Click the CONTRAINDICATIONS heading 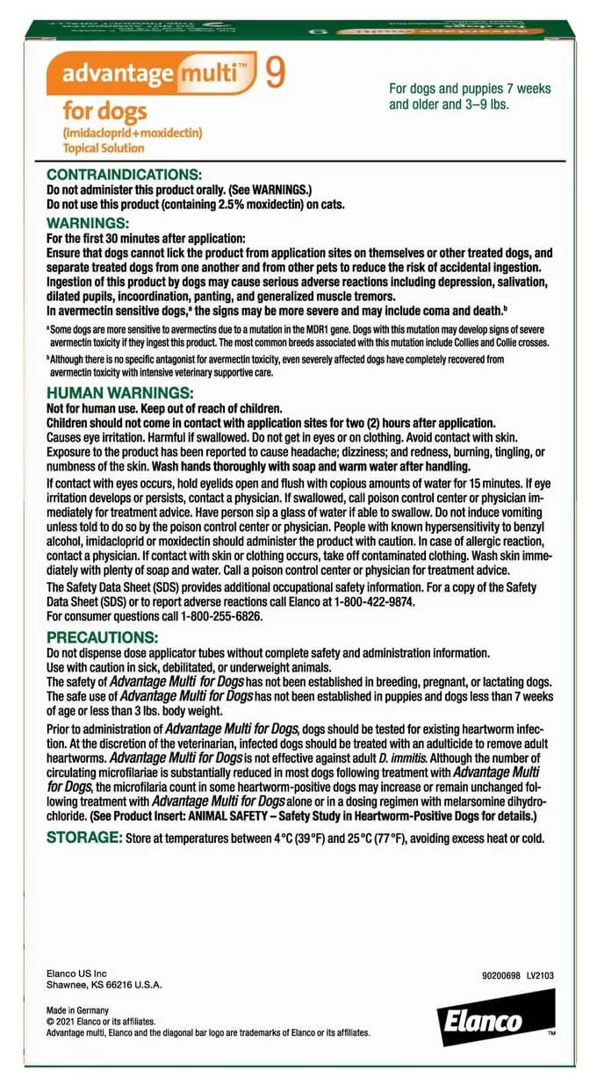pyautogui.click(x=124, y=176)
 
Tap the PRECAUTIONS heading pyautogui.click(x=102, y=636)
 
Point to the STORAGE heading pyautogui.click(x=84, y=837)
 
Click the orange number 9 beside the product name pyautogui.click(x=275, y=74)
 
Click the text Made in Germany pyautogui.click(x=78, y=1011)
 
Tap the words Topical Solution pyautogui.click(x=103, y=148)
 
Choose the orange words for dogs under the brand pyautogui.click(x=104, y=112)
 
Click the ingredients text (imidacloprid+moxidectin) pyautogui.click(x=132, y=133)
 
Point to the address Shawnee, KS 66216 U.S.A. pyautogui.click(x=104, y=985)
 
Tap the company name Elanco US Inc pyautogui.click(x=76, y=973)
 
